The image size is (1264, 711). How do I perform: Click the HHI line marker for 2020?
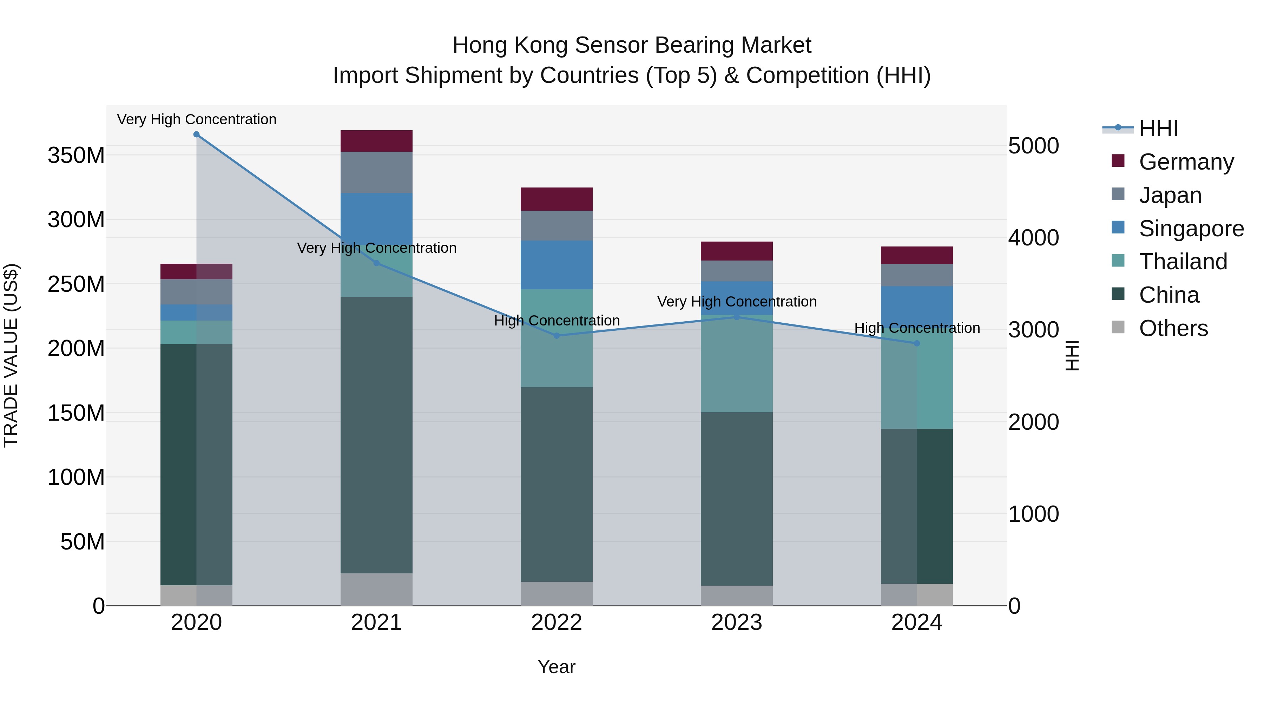point(196,134)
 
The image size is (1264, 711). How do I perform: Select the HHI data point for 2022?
point(557,336)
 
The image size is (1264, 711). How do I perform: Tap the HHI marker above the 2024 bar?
point(917,343)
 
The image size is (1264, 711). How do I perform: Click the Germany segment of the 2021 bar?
point(376,141)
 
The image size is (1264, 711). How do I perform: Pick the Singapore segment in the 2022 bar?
point(557,265)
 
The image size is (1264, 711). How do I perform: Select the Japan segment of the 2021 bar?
point(376,172)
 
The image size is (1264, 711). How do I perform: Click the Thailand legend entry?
point(1183,262)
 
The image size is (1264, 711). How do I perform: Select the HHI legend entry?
point(1158,129)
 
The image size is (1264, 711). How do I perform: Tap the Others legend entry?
point(1173,328)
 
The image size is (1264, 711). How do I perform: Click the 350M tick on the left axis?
point(76,156)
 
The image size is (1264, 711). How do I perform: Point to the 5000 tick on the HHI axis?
point(1033,146)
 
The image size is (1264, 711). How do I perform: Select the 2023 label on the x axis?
point(737,623)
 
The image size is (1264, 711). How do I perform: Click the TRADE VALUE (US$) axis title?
point(11,355)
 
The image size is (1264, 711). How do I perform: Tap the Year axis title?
point(557,667)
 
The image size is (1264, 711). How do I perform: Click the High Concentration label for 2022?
point(557,321)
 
